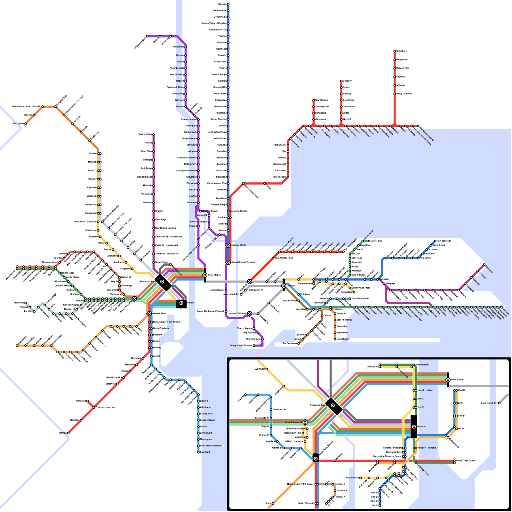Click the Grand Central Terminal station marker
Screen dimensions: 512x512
tap(228, 262)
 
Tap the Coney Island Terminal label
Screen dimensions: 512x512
tap(241, 346)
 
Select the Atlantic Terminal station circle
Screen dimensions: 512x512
tap(250, 314)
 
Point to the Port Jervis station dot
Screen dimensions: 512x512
tap(26, 124)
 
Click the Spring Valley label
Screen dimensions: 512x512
tap(145, 134)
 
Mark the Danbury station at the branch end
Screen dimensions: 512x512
tap(341, 81)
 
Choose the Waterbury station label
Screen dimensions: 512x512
tap(402, 51)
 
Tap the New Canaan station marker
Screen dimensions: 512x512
tap(314, 100)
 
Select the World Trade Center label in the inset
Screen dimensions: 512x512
tap(466, 461)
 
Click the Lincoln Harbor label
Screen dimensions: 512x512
tap(425, 390)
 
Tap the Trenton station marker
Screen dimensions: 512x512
tap(68, 433)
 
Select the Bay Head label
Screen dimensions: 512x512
tap(205, 452)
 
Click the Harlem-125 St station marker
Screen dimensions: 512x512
tap(228, 245)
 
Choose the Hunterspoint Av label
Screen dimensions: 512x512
tap(255, 290)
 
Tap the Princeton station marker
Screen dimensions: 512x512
tap(87, 401)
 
